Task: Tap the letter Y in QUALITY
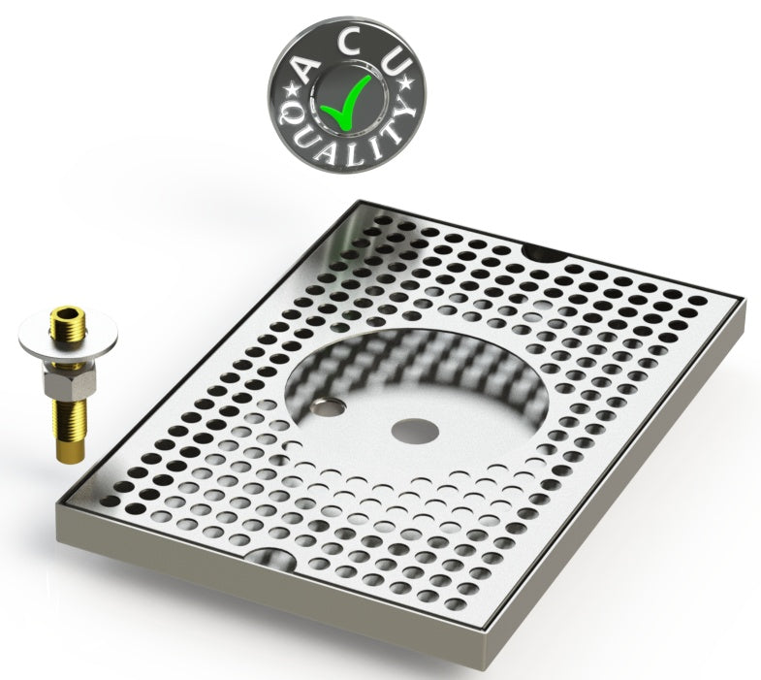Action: click(400, 122)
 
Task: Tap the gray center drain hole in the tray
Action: click(409, 428)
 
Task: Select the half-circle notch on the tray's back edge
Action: click(542, 252)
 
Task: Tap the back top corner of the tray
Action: click(357, 202)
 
